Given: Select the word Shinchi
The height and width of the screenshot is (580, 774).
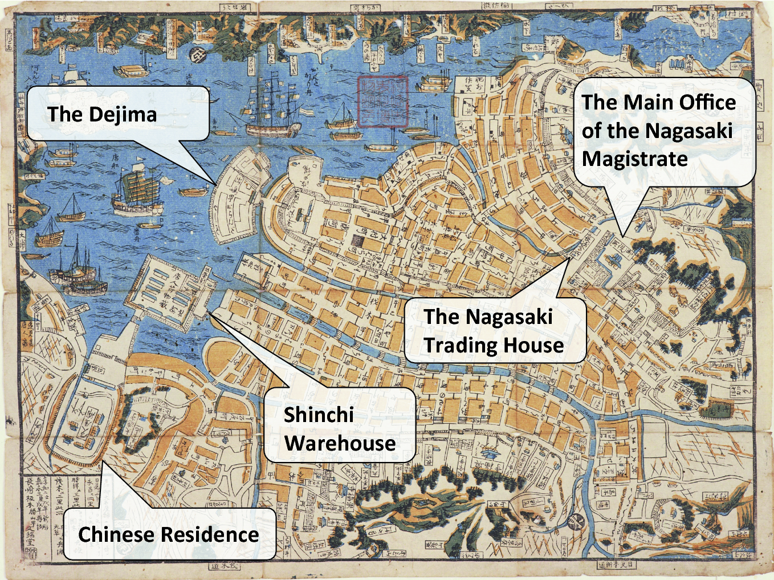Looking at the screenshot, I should point(319,415).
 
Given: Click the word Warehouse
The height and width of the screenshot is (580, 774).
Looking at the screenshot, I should point(340,443).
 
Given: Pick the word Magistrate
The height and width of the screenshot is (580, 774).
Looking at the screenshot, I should point(634,159).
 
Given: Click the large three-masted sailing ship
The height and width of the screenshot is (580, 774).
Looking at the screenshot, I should point(271,108).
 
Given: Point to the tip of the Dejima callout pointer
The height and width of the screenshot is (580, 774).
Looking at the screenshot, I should point(216,184).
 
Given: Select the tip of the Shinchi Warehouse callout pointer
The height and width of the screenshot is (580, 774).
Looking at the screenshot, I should point(209,313).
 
